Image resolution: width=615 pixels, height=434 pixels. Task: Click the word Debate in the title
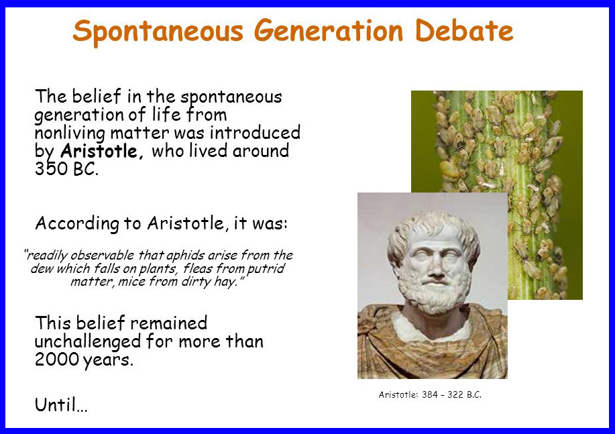point(464,31)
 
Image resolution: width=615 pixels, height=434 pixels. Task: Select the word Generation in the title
point(329,31)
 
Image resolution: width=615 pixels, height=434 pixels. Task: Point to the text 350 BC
point(66,169)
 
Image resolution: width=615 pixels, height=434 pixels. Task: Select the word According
point(77,223)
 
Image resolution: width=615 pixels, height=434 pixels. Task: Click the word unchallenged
point(87,341)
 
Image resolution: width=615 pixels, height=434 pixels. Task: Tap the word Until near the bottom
point(61,404)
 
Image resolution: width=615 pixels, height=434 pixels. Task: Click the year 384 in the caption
point(429,394)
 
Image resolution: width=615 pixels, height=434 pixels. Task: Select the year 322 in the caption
point(455,394)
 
